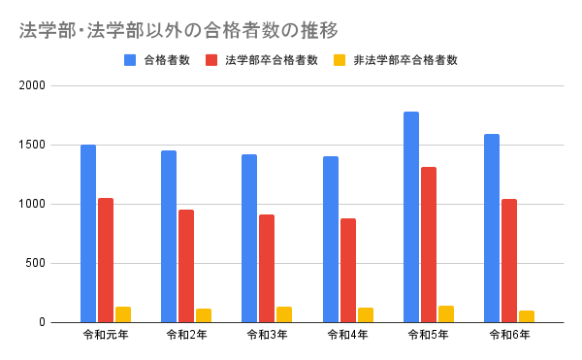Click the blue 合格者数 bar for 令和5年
point(411,217)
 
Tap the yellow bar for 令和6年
point(527,316)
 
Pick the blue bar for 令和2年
point(169,237)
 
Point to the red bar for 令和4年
point(348,271)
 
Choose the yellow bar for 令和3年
point(284,314)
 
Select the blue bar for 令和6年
point(492,228)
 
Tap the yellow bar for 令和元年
point(123,314)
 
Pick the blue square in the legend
point(130,59)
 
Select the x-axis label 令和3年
point(266,335)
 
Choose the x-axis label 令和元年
point(106,335)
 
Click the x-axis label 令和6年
point(508,335)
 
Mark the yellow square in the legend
point(339,59)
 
